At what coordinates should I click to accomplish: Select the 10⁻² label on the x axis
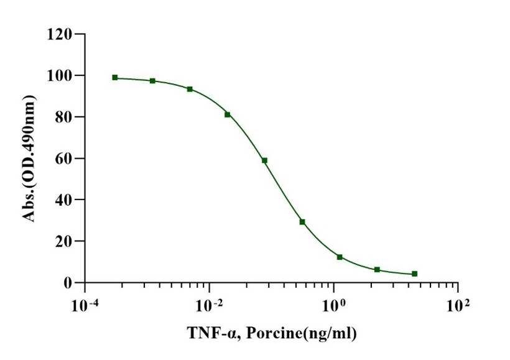click(209, 306)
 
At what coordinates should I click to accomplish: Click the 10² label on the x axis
click(458, 306)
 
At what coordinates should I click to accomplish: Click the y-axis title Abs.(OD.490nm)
click(29, 159)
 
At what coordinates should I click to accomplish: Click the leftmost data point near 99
click(115, 78)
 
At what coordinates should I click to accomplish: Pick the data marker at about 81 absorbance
click(228, 114)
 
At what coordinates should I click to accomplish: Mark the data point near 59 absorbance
click(264, 160)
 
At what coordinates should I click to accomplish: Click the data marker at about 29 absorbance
click(302, 222)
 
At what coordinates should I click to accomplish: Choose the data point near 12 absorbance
click(340, 257)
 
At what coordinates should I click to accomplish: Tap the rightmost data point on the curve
click(415, 274)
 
